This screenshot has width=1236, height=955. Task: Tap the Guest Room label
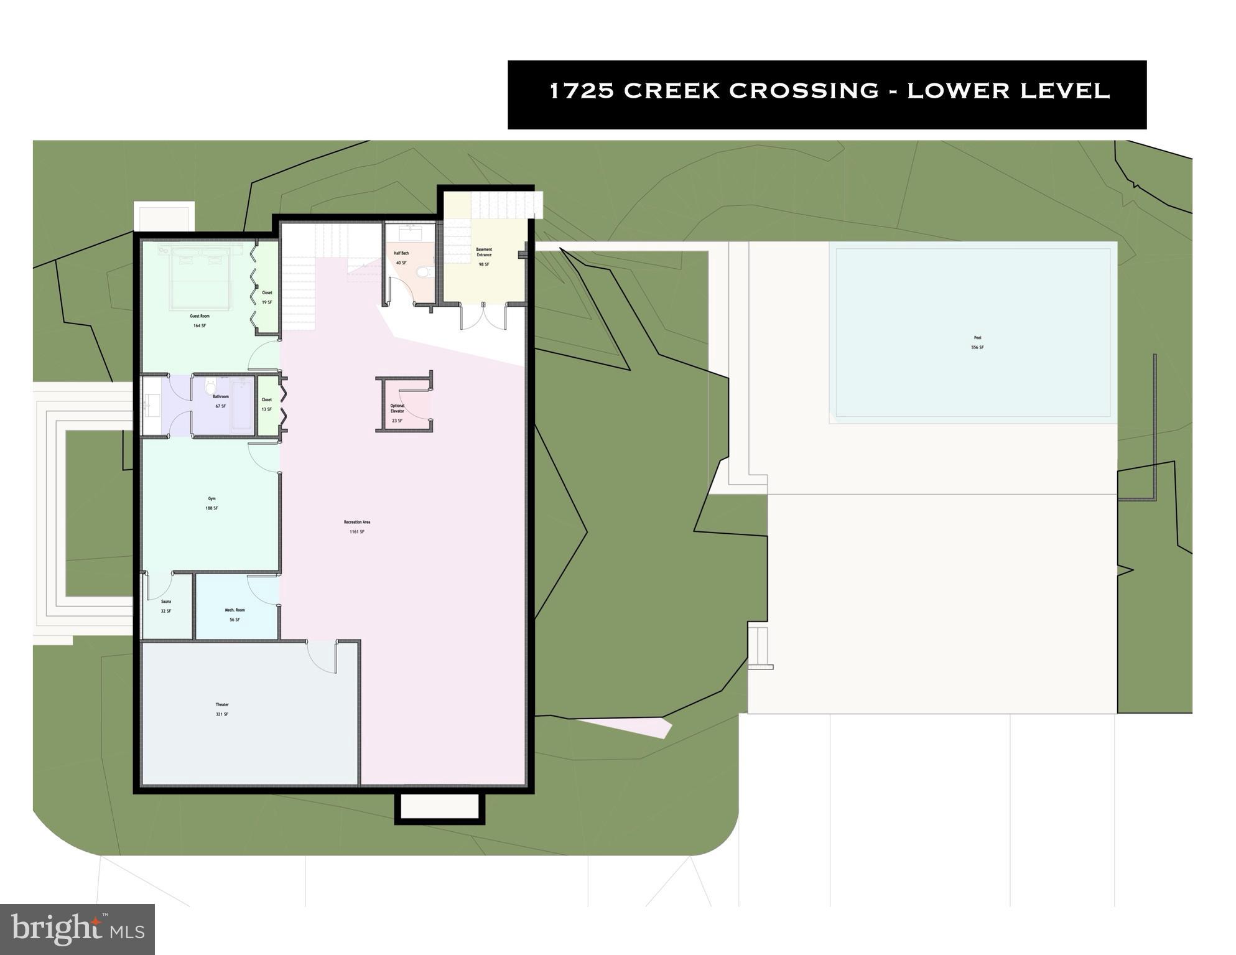(x=200, y=316)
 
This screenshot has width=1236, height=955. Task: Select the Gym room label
(x=211, y=499)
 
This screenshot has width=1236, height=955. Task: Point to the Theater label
(x=222, y=705)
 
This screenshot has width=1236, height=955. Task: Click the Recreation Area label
(x=357, y=523)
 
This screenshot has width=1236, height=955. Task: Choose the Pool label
(x=977, y=338)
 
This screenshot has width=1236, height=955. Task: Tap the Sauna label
(x=166, y=602)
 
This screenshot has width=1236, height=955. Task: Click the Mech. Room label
(x=235, y=610)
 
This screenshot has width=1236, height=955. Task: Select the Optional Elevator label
(x=397, y=409)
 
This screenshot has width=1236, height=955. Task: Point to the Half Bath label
(x=401, y=253)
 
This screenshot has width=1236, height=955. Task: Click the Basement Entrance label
(x=484, y=252)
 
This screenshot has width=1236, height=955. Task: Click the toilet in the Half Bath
(x=424, y=271)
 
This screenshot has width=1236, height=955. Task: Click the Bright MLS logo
(x=77, y=929)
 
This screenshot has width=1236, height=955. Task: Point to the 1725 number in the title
(x=582, y=91)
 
